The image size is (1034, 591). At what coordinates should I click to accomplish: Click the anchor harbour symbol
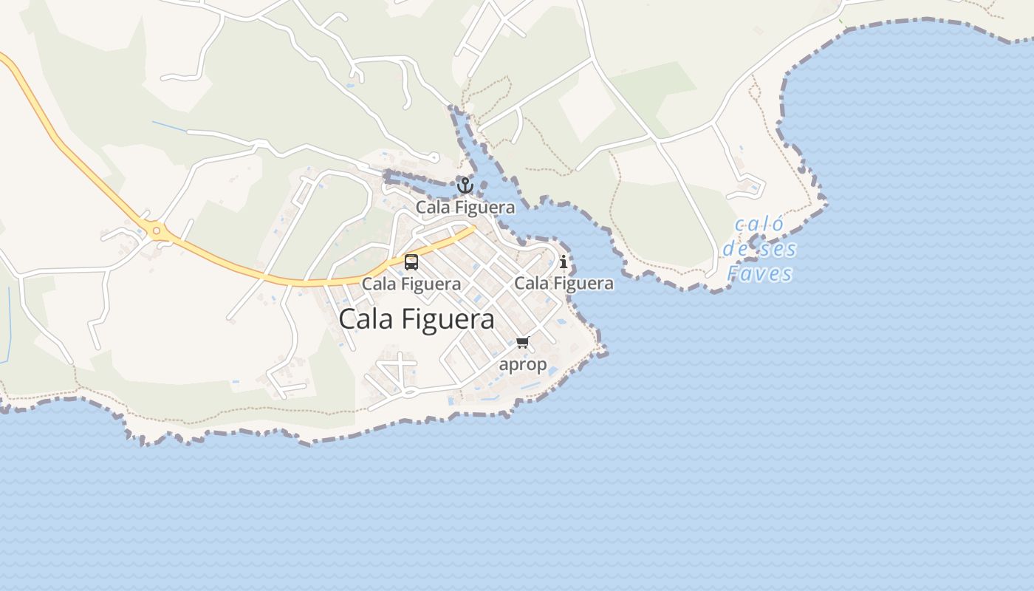(465, 185)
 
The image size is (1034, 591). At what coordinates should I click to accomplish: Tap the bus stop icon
(411, 262)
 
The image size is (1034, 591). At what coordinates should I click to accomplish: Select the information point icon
(564, 262)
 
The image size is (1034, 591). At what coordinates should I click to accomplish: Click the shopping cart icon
(523, 342)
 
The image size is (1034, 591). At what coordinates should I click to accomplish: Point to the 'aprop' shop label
(523, 364)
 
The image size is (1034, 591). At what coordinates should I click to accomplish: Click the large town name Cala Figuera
(417, 319)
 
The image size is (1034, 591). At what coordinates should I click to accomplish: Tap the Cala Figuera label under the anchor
(465, 208)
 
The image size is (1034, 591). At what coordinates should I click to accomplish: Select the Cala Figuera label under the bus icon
(411, 284)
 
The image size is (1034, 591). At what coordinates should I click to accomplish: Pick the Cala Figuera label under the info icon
(564, 284)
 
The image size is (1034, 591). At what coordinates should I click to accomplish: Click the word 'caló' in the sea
(759, 225)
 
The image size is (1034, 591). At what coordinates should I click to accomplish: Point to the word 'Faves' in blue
(759, 274)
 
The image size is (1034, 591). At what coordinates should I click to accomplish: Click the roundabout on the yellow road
(156, 231)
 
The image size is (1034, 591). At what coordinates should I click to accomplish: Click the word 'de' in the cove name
(736, 249)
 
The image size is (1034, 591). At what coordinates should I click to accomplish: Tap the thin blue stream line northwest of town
(170, 126)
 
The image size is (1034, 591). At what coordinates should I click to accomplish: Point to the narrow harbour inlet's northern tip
(453, 111)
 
